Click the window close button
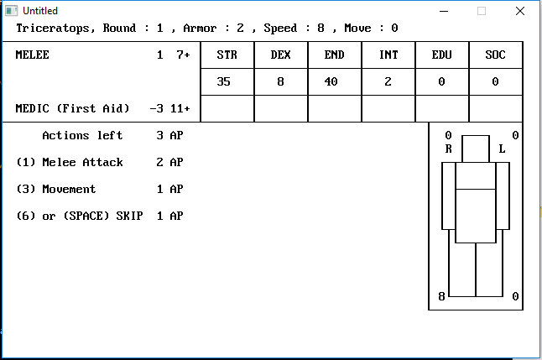[x=520, y=10]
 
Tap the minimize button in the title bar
[x=443, y=10]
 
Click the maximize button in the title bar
[x=482, y=10]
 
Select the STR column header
[x=227, y=55]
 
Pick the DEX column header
[x=280, y=55]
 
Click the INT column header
[x=388, y=55]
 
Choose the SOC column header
[x=495, y=55]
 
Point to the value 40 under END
[x=334, y=81]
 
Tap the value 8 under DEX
[x=280, y=81]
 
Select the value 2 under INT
[x=388, y=81]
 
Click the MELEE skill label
[x=32, y=55]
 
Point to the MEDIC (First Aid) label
[x=72, y=108]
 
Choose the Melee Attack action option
[x=82, y=162]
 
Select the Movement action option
[x=69, y=189]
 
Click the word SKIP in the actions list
[x=129, y=216]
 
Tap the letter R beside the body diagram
[x=449, y=149]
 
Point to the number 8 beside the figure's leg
[x=442, y=296]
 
